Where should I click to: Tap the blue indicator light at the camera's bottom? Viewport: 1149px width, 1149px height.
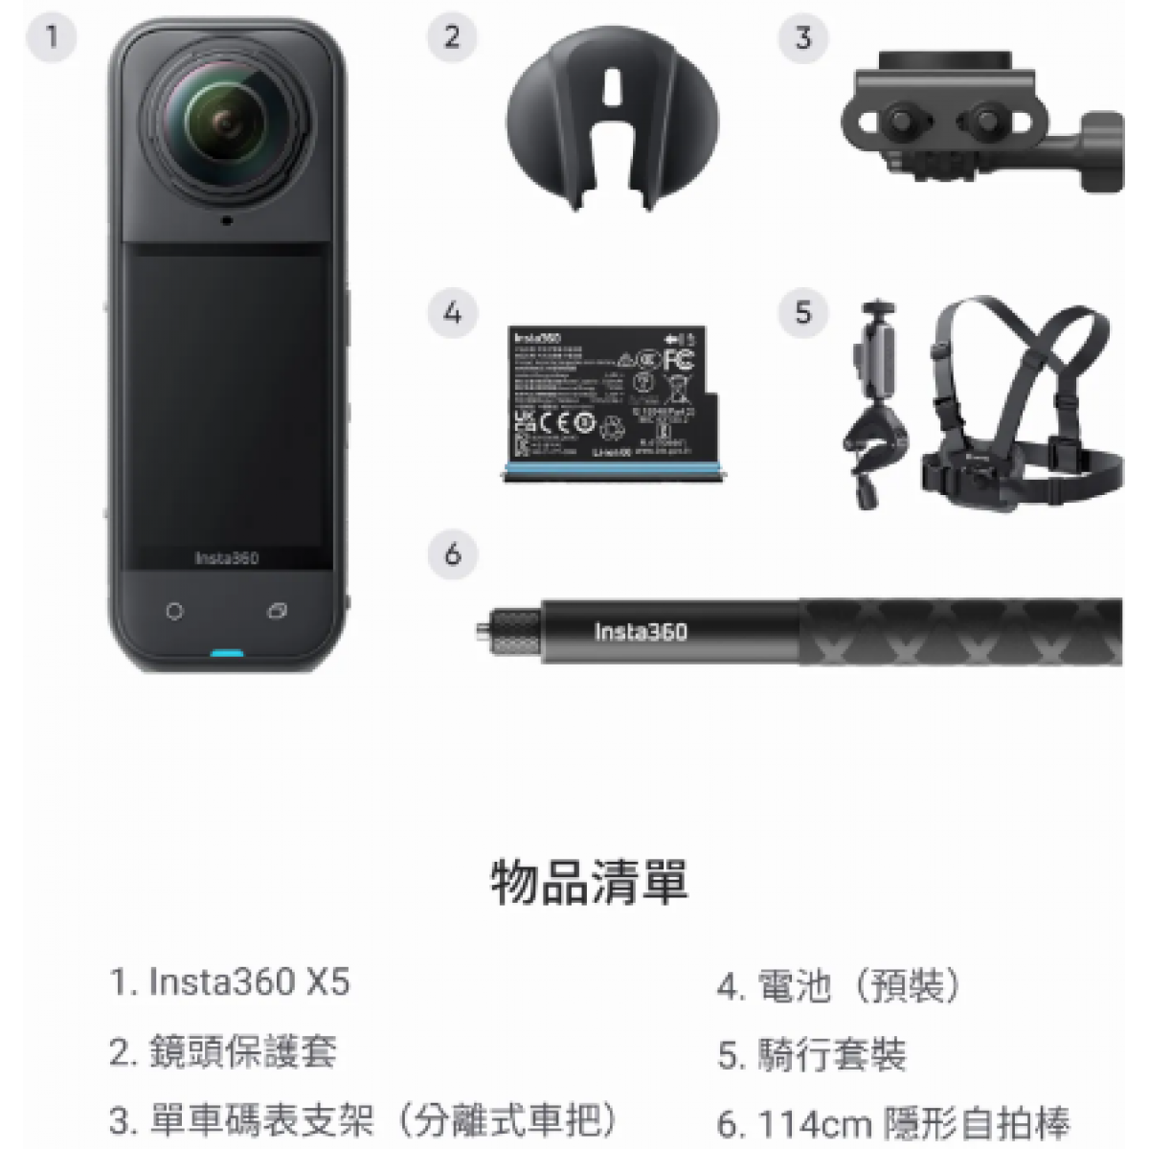pos(226,656)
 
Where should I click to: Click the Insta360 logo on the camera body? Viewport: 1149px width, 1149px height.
pos(226,558)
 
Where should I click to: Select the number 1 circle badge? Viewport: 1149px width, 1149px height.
pos(51,38)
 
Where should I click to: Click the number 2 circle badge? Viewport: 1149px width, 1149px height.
pos(452,38)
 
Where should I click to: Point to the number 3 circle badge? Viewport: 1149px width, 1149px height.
pos(802,38)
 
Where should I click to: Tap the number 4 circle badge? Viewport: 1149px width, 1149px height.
pos(452,312)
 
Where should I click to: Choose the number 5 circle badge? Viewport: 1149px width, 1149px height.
pos(802,312)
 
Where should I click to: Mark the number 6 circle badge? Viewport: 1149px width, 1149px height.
pos(452,553)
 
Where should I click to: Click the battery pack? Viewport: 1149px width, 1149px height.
pos(603,402)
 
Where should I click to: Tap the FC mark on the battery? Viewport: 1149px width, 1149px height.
pos(678,360)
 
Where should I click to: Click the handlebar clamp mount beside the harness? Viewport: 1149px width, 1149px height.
pos(873,412)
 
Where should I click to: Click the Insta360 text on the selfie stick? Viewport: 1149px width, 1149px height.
pos(640,632)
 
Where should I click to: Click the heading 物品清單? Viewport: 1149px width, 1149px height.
pos(588,882)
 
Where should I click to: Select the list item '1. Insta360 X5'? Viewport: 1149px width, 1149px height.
pos(230,982)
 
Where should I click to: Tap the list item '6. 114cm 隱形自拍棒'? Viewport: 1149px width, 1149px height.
pos(892,1122)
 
